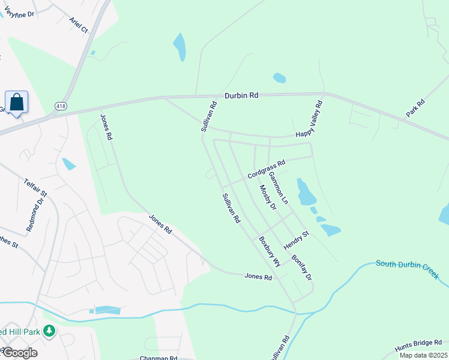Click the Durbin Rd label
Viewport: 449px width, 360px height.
pos(241,95)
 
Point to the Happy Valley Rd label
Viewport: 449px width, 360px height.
pos(309,119)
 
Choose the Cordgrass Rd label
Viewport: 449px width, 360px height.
pos(266,170)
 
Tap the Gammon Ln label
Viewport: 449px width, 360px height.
pos(279,186)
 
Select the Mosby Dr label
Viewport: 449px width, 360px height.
pos(267,197)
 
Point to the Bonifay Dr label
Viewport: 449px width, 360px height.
pos(302,268)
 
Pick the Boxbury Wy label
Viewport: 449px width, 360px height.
pos(270,251)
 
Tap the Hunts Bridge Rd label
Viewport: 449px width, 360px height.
pos(419,346)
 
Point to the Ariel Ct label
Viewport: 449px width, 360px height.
pos(78,25)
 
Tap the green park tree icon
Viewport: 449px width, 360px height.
pos(49,330)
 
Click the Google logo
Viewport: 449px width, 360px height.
pos(19,353)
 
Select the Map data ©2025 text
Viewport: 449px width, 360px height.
pos(423,355)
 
